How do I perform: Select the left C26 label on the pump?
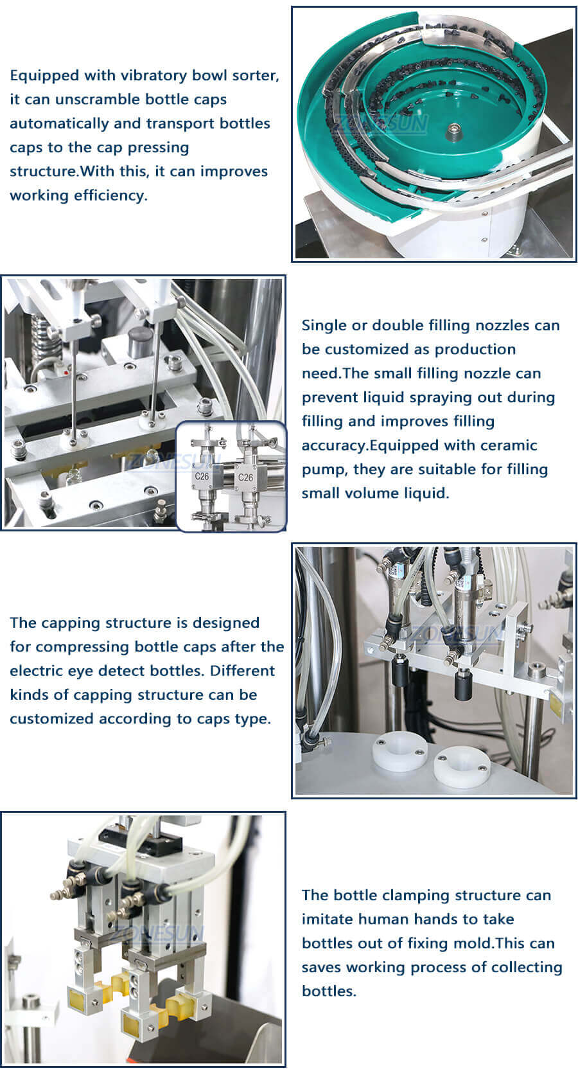click(x=202, y=477)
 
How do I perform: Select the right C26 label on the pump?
click(x=245, y=477)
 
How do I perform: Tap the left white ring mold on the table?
click(x=399, y=750)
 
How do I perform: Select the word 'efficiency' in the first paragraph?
click(x=110, y=195)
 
